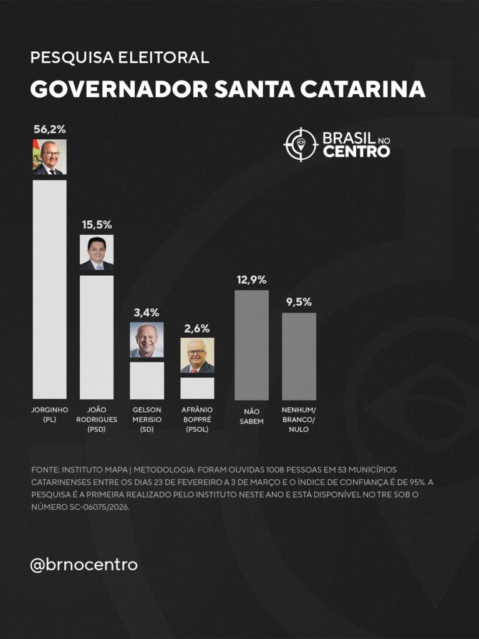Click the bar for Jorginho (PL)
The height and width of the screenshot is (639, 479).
pyautogui.click(x=49, y=289)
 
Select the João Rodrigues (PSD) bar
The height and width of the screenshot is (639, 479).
pyautogui.click(x=97, y=337)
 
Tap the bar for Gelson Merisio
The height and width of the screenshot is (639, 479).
pyautogui.click(x=147, y=380)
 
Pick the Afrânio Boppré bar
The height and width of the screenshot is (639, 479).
pyautogui.click(x=197, y=388)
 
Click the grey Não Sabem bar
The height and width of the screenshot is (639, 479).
pyautogui.click(x=251, y=344)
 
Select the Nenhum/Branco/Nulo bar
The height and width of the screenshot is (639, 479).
pyautogui.click(x=299, y=356)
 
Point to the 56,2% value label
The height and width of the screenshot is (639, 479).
pyautogui.click(x=49, y=130)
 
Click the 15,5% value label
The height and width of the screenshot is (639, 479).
pyautogui.click(x=97, y=225)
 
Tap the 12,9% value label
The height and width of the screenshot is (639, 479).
pyautogui.click(x=251, y=280)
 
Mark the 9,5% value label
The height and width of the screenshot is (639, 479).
pyautogui.click(x=299, y=302)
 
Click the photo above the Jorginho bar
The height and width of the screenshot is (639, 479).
pyautogui.click(x=49, y=157)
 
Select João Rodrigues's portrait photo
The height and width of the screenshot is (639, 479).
pyautogui.click(x=97, y=253)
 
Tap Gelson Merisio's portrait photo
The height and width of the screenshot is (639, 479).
pyautogui.click(x=147, y=339)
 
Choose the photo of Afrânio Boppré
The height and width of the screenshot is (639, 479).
pyautogui.click(x=197, y=355)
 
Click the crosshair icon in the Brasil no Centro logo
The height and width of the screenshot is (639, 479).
pyautogui.click(x=301, y=144)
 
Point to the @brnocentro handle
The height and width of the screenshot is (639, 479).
pyautogui.click(x=84, y=565)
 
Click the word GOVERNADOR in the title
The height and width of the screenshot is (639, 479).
pyautogui.click(x=119, y=89)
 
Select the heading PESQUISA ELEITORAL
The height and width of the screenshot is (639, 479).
pyautogui.click(x=119, y=58)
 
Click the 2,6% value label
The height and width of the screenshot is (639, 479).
pyautogui.click(x=197, y=328)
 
